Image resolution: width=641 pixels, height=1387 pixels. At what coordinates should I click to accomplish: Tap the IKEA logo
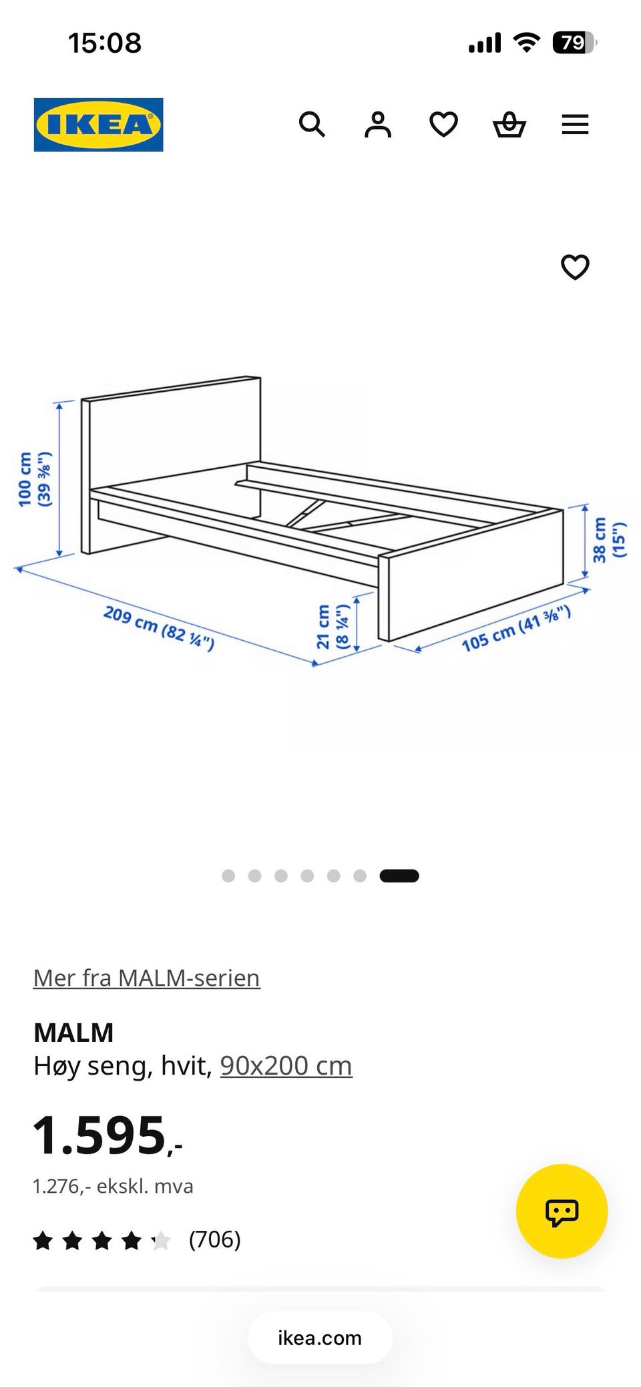coord(98,125)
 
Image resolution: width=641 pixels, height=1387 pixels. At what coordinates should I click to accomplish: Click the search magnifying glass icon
coord(312,124)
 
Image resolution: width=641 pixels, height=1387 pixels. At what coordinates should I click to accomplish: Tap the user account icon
coord(378,124)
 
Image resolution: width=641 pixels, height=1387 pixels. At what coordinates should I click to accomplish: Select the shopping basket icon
coord(509,124)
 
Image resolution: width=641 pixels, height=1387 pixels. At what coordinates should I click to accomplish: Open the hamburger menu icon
coord(575,124)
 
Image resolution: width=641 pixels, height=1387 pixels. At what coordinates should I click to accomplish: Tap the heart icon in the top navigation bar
coord(443,124)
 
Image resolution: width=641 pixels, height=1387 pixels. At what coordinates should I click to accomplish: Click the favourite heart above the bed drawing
coord(575,267)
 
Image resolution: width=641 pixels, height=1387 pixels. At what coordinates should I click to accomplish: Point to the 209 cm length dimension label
coord(159,628)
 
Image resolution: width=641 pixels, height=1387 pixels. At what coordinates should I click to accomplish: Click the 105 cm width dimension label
coord(516,628)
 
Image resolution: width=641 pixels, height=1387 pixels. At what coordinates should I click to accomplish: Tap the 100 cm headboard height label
coord(35,479)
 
